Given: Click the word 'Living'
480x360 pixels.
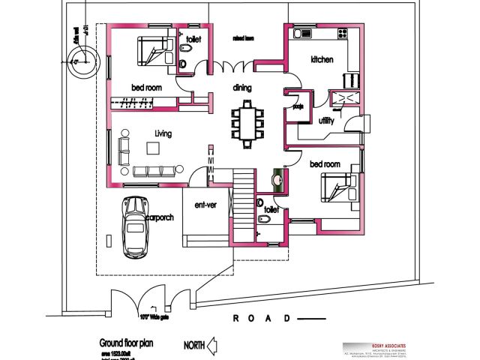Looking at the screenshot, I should (x=163, y=133).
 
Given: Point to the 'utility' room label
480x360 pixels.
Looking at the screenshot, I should (x=326, y=121).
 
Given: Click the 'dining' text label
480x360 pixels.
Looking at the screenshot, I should (x=242, y=88).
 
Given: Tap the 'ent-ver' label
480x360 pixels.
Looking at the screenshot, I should (x=205, y=205).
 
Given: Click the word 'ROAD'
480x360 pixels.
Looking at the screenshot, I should (x=262, y=319).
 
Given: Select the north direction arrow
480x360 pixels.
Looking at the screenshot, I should (x=212, y=346).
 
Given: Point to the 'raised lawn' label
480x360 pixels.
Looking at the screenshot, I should (x=242, y=37).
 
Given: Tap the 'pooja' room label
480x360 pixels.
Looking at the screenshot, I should (x=297, y=107).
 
